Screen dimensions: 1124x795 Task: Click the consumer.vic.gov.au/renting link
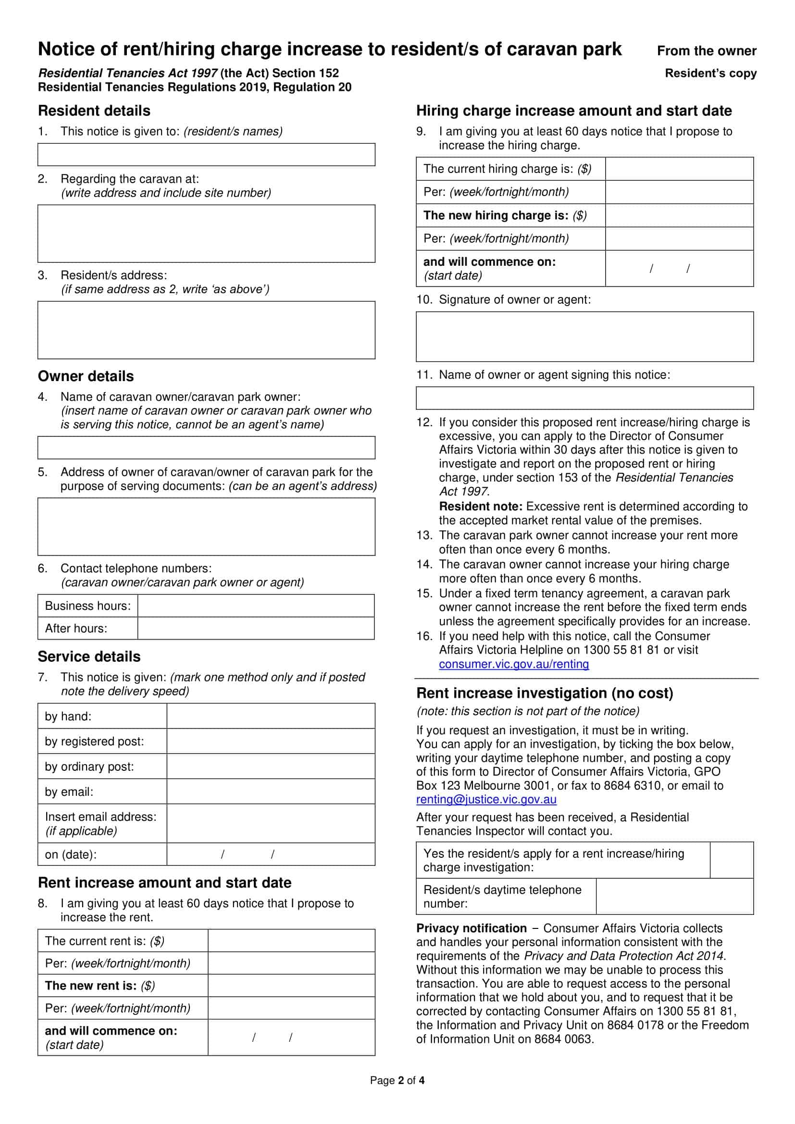513,664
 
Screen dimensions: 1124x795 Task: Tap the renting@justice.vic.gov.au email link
486,800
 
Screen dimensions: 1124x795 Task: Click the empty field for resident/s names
206,155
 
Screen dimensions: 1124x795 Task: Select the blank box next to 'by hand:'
271,716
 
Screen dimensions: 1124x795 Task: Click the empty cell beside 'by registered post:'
271,741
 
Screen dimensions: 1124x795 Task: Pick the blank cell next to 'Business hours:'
256,605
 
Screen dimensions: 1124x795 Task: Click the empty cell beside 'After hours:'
256,628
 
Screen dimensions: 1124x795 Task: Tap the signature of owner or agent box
584,336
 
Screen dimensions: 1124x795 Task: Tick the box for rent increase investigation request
732,860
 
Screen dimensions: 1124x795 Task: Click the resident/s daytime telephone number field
674,896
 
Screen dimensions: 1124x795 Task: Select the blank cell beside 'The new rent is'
291,986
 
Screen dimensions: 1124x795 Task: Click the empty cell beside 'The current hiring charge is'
679,169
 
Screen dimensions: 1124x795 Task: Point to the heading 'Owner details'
86,376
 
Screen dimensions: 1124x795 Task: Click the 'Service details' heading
89,656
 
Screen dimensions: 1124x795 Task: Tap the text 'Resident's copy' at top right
710,74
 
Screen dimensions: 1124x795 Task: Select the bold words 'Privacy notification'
471,928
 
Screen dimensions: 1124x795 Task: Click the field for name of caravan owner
206,447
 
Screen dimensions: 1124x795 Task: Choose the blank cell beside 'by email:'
271,791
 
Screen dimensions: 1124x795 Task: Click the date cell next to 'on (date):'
271,854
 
